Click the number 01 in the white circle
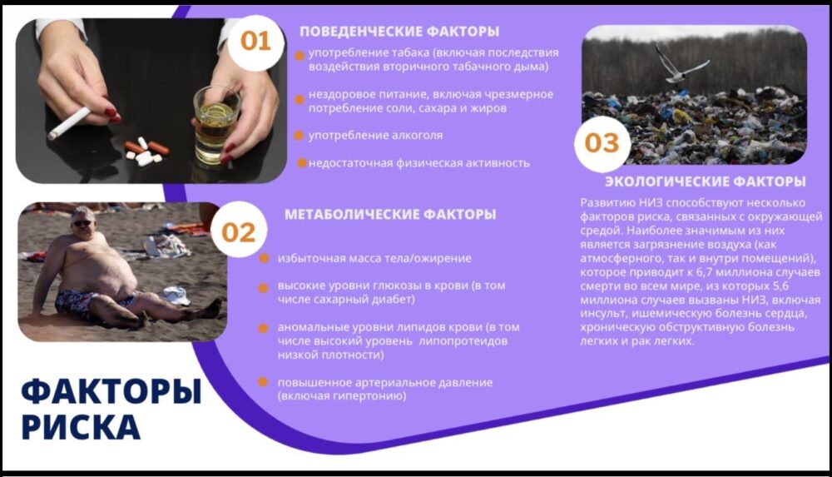(x=255, y=42)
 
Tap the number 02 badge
(x=238, y=232)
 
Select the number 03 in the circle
(x=602, y=143)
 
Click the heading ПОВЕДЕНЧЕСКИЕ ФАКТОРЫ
(x=399, y=32)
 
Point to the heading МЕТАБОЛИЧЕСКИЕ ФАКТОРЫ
(x=390, y=214)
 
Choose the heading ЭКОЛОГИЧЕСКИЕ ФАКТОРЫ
(x=706, y=181)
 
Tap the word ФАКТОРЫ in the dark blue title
(x=111, y=392)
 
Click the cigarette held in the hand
(x=69, y=123)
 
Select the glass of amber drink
(x=216, y=125)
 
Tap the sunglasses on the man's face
(x=82, y=223)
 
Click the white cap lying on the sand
(x=176, y=296)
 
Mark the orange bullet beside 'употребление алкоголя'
(x=299, y=136)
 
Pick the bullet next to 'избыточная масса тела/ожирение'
(x=263, y=259)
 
